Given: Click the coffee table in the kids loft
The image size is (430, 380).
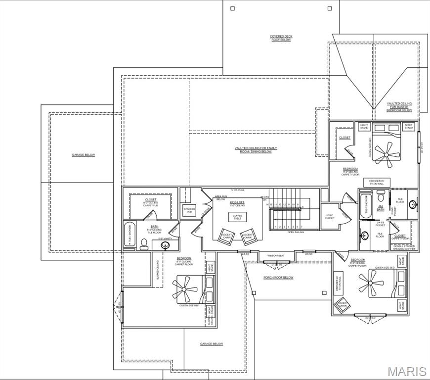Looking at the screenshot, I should click(237, 216).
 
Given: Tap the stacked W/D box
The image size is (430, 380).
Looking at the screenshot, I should click(189, 209).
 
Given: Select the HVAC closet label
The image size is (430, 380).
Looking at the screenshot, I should click(330, 216).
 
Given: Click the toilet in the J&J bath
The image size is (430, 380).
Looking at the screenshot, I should click(381, 195).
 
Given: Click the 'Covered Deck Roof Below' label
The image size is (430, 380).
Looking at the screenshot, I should click(280, 38).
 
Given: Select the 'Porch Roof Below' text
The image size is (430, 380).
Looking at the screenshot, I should click(278, 278).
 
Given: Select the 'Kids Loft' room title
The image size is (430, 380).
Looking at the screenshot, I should click(237, 202).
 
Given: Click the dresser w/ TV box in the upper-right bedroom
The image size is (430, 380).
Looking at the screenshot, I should click(380, 182).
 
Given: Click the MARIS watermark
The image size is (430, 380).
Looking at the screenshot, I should click(407, 371).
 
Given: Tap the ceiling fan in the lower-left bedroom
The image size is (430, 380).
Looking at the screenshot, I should click(185, 289).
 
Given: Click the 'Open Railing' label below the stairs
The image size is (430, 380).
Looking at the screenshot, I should click(295, 232).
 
